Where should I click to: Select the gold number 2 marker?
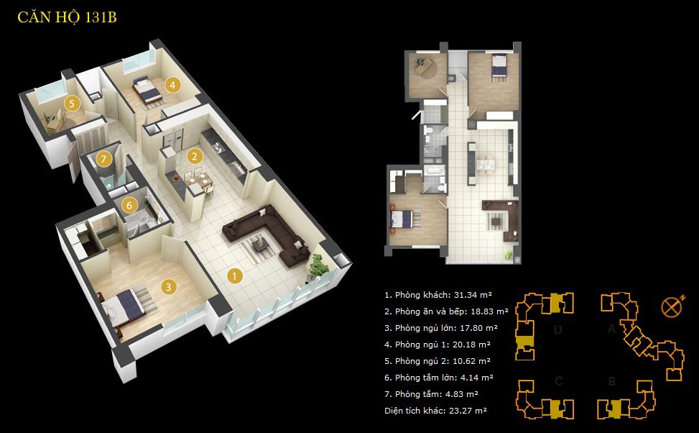tap(193, 155)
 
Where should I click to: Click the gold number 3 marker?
tap(167, 286)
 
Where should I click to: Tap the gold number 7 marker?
tap(105, 158)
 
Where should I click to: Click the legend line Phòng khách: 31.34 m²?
tap(438, 295)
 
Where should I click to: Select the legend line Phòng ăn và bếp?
tap(446, 311)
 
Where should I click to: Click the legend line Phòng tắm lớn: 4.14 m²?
tap(439, 377)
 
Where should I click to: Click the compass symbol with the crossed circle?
tap(670, 306)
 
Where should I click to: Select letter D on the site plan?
tap(558, 330)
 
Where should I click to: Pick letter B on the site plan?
tap(611, 381)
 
